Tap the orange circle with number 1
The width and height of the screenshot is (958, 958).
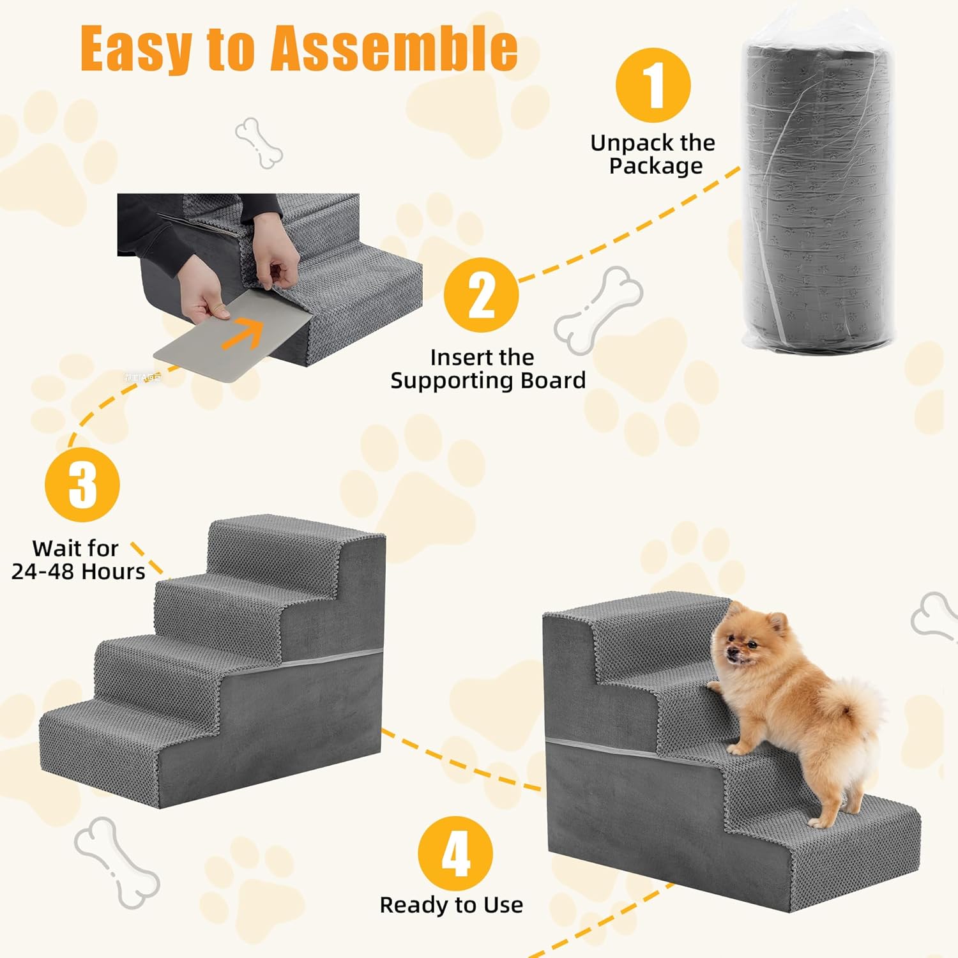point(653,85)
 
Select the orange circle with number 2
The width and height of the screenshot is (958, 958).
point(481,294)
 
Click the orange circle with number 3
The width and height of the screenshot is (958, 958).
point(82,485)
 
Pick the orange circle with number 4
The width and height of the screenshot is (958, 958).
point(455,853)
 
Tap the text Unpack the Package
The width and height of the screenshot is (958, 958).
point(653,154)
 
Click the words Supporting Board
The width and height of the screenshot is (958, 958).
point(488,381)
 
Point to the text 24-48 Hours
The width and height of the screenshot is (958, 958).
point(78,571)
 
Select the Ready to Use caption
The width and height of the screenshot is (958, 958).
point(452,905)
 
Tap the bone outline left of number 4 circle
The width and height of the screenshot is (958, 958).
point(116,862)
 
